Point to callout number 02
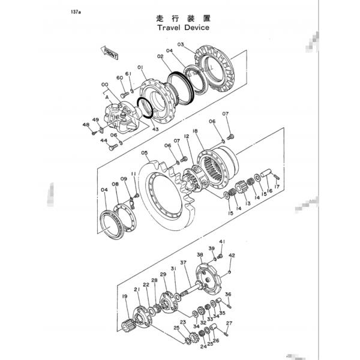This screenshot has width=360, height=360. tap(161, 56)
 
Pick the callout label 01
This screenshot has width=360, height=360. tap(140, 67)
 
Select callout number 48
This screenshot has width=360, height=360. tap(86, 125)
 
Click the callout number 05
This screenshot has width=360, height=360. tap(144, 152)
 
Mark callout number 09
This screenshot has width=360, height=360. tap(124, 179)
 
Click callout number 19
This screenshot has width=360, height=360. tap(125, 296)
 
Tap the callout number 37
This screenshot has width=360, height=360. tap(184, 262)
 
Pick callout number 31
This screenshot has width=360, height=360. tap(173, 268)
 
